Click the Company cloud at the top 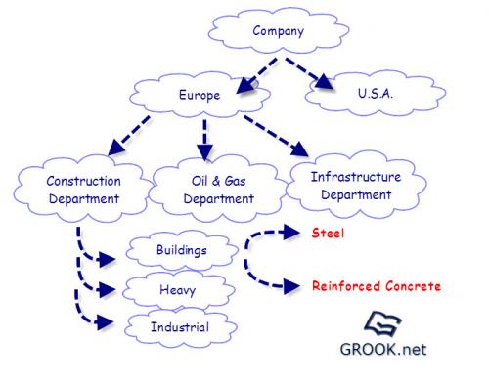[x=279, y=31]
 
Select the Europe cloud [x=200, y=95]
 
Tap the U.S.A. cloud [x=376, y=94]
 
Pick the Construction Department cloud [x=83, y=190]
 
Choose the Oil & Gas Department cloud [x=218, y=190]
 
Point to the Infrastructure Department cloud [x=356, y=186]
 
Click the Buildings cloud [x=182, y=250]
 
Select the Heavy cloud [x=178, y=290]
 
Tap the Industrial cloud [x=180, y=327]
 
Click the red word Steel [x=328, y=234]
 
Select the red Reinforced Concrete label [x=377, y=286]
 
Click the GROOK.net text [x=383, y=349]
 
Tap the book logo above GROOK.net [x=382, y=323]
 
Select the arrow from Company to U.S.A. [x=308, y=73]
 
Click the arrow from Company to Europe [x=257, y=76]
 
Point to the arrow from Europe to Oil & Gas [x=204, y=140]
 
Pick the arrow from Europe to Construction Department [x=129, y=136]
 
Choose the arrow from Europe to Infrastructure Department [x=277, y=136]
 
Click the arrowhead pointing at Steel [x=291, y=233]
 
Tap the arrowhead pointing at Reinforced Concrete [x=291, y=286]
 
